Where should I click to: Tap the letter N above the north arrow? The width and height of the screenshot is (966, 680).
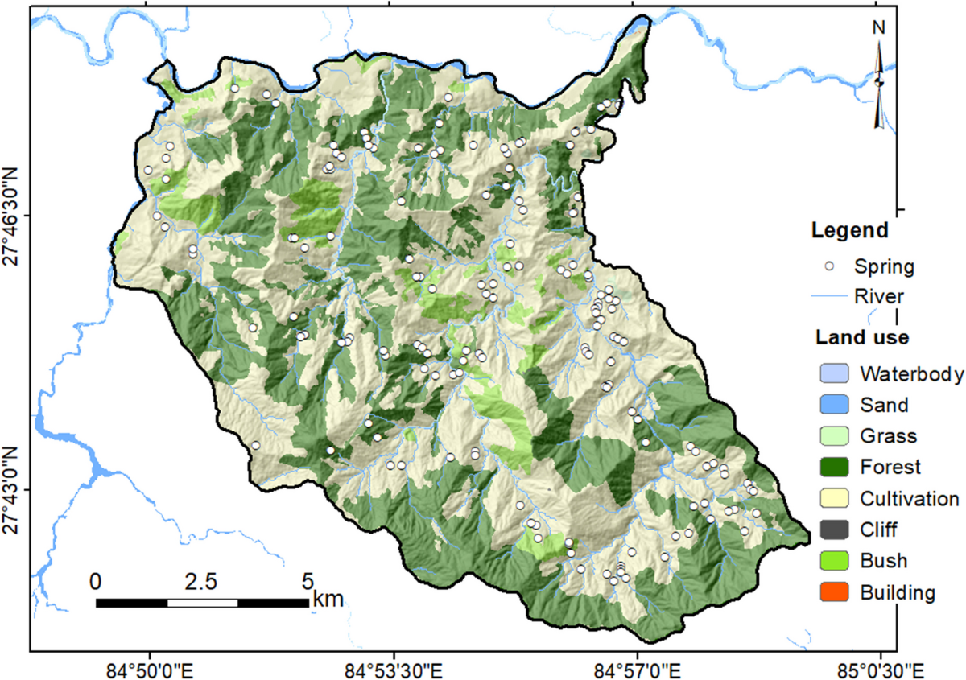pyautogui.click(x=878, y=27)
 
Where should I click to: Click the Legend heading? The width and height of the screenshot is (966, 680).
pyautogui.click(x=848, y=231)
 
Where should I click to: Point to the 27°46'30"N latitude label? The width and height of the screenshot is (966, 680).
pyautogui.click(x=15, y=215)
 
